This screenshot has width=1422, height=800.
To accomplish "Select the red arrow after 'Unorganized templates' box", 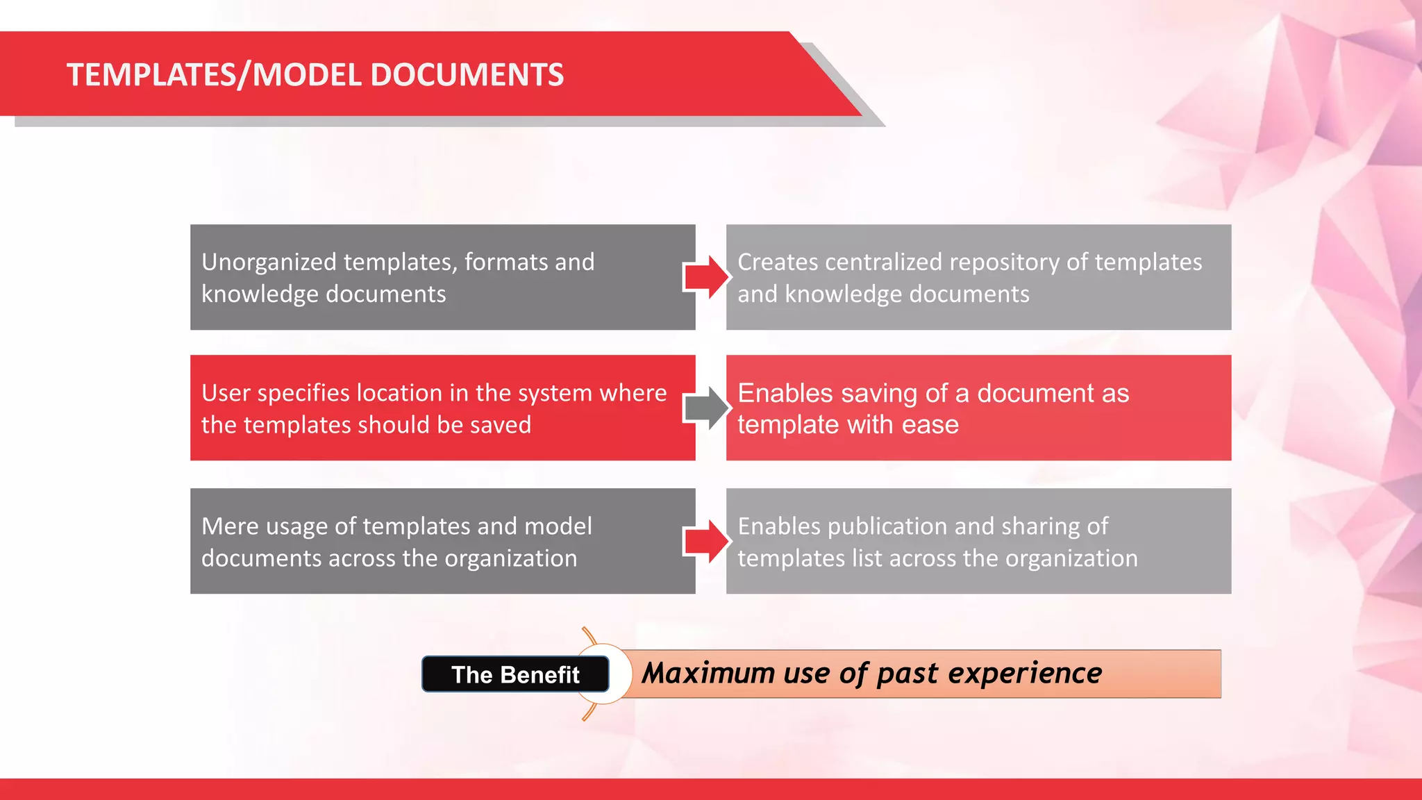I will point(708,277).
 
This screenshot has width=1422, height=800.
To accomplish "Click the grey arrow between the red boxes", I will point(708,408).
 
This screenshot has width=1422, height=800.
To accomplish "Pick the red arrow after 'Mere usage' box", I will point(708,541).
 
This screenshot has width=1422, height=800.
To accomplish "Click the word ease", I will point(930,424).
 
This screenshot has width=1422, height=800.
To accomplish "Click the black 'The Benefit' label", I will point(515,674).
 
